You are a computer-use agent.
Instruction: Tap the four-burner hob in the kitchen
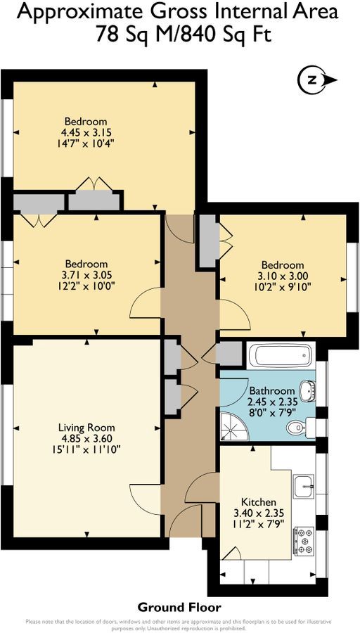tap(304, 540)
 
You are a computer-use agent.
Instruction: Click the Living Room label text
tap(86, 427)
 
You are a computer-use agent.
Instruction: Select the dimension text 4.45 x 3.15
tap(86, 132)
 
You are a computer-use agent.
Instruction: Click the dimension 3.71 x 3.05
tap(87, 275)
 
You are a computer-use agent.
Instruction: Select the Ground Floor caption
tap(179, 607)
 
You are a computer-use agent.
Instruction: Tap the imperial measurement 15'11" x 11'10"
tap(86, 449)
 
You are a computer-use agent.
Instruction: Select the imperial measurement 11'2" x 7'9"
tap(257, 525)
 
